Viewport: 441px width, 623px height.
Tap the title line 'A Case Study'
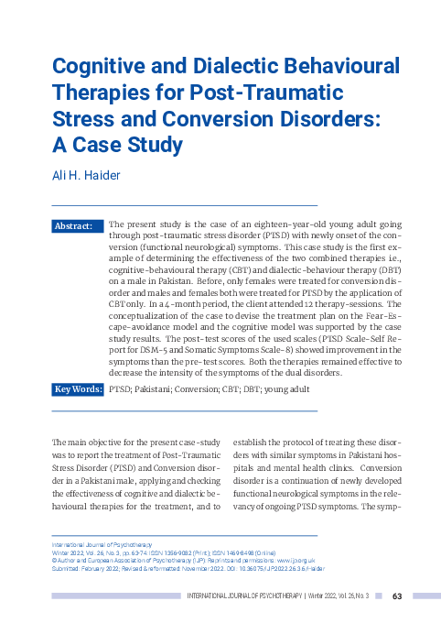(117, 145)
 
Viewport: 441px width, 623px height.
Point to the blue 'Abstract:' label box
(77, 225)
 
